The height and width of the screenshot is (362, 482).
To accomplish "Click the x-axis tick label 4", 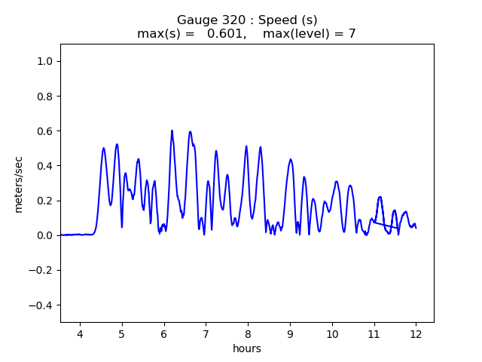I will [80, 335].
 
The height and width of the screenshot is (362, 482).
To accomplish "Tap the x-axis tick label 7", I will [206, 335].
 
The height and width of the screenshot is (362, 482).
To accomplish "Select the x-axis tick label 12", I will [416, 335].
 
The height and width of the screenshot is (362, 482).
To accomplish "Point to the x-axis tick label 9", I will [290, 335].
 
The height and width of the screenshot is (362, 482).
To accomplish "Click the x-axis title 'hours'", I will [247, 349].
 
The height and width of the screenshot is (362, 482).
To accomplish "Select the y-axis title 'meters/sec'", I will [19, 183].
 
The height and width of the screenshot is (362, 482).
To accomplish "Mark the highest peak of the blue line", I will [172, 130].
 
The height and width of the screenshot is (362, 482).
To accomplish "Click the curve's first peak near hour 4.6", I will [104, 148].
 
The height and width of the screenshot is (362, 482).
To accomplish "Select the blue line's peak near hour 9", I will [291, 159].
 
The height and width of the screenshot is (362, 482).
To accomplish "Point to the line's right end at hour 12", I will [416, 228].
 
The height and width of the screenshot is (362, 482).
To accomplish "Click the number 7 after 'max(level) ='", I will [352, 34].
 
